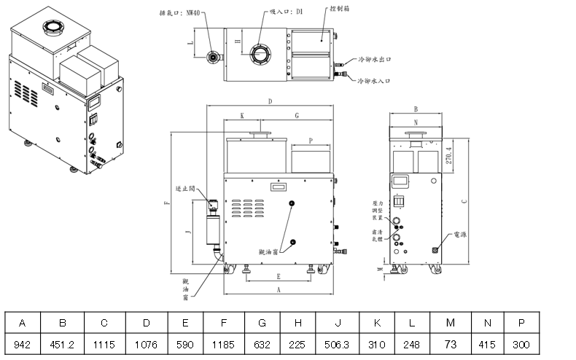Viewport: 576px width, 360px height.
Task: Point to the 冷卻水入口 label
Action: click(374, 80)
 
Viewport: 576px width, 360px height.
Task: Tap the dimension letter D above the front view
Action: click(269, 101)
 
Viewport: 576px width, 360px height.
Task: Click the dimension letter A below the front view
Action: click(279, 289)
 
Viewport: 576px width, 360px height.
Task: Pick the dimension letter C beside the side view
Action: click(464, 201)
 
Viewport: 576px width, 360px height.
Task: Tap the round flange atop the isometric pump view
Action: click(53, 29)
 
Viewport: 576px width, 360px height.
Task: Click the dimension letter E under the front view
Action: click(279, 277)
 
